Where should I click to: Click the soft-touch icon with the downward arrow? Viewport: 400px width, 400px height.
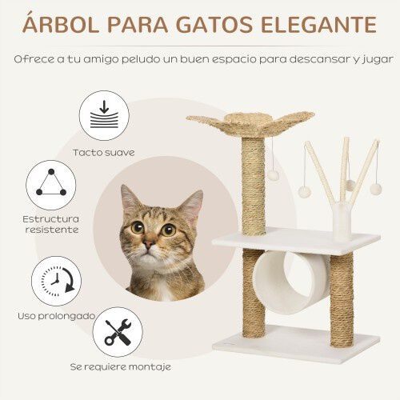pyautogui.click(x=103, y=116)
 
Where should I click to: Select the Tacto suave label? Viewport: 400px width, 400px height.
pyautogui.click(x=104, y=152)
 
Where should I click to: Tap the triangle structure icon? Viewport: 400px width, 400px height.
pyautogui.click(x=51, y=184)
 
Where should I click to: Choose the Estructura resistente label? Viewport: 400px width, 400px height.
pyautogui.click(x=51, y=223)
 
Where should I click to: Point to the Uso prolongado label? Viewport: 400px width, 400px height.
pyautogui.click(x=57, y=316)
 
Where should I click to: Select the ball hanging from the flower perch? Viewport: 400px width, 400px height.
pyautogui.click(x=272, y=174)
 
